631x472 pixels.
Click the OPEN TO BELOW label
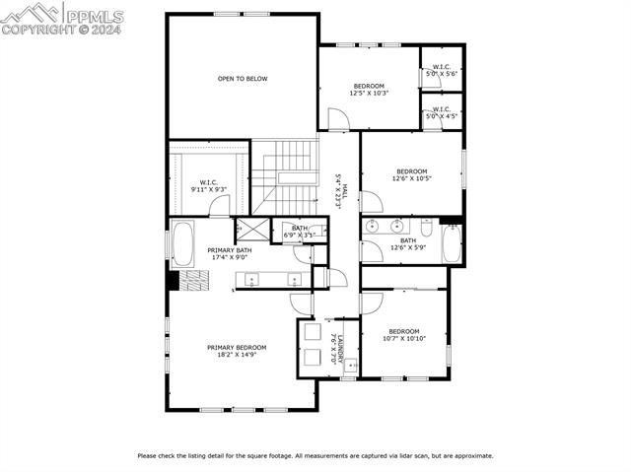coord(243,79)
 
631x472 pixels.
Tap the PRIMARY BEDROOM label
coord(237,347)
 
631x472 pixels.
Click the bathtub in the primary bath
coord(183,243)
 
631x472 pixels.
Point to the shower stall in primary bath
coord(250,231)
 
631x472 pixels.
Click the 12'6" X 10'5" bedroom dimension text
coord(411,178)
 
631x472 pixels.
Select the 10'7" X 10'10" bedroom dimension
coord(403,339)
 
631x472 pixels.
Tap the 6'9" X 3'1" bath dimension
coord(299,236)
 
